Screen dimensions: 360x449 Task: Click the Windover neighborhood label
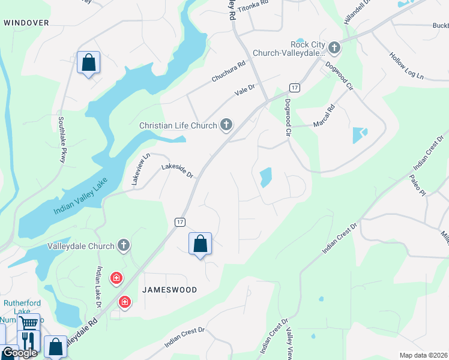tap(26, 22)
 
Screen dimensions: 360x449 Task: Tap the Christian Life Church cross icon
tap(226, 125)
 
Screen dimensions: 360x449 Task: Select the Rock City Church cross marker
tap(334, 48)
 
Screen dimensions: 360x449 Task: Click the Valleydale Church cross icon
tap(124, 245)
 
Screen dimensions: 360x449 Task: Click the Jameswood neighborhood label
tap(169, 289)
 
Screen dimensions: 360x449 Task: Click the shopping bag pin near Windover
tap(89, 62)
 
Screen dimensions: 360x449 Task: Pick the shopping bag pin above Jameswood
tap(200, 244)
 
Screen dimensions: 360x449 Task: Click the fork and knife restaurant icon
tap(28, 340)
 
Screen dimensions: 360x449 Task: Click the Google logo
tap(19, 353)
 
